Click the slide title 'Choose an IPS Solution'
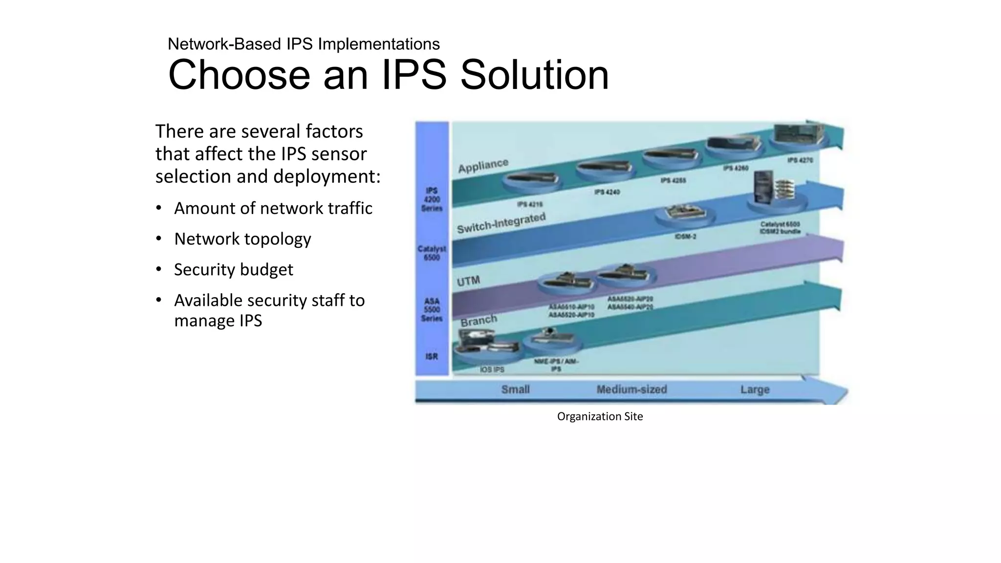pyautogui.click(x=388, y=75)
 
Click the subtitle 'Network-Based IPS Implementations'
pyautogui.click(x=304, y=44)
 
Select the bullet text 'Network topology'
pyautogui.click(x=242, y=239)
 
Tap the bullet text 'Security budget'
pyautogui.click(x=234, y=270)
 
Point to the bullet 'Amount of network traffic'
pyautogui.click(x=273, y=208)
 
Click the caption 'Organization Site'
pyautogui.click(x=600, y=416)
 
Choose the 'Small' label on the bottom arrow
pyautogui.click(x=515, y=390)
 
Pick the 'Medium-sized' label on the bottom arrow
pyautogui.click(x=631, y=390)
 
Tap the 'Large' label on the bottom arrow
pyautogui.click(x=755, y=390)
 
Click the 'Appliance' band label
pyautogui.click(x=483, y=166)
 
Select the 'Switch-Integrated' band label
pyautogui.click(x=501, y=223)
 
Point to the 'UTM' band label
pyautogui.click(x=468, y=281)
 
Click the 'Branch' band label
pyautogui.click(x=479, y=321)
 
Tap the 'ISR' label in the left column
pyautogui.click(x=432, y=356)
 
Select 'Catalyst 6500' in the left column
pyautogui.click(x=432, y=253)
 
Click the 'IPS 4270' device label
pyautogui.click(x=800, y=160)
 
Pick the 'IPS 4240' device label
pyautogui.click(x=607, y=192)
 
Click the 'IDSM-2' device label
pyautogui.click(x=685, y=237)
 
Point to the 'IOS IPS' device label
pyautogui.click(x=492, y=369)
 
